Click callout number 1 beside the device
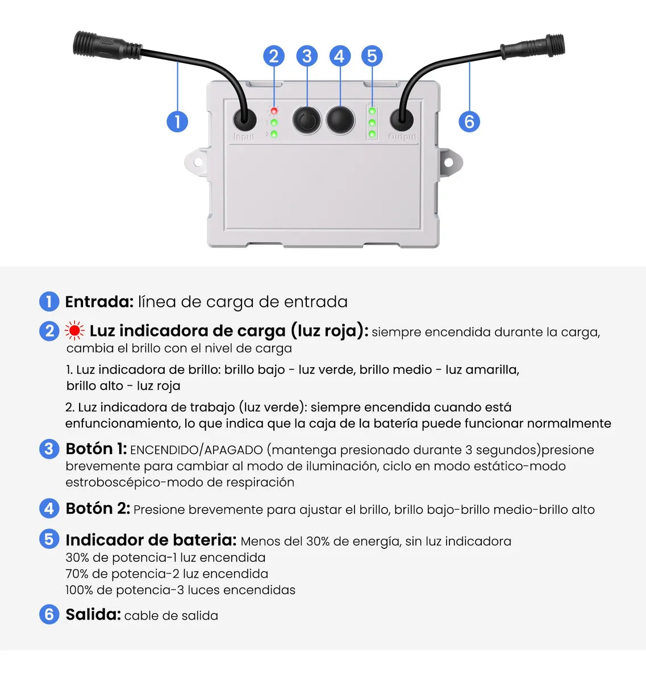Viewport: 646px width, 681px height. (x=177, y=121)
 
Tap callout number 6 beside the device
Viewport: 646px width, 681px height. (x=469, y=121)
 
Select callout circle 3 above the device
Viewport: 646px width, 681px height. (x=307, y=56)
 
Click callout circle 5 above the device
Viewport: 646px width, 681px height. (x=372, y=56)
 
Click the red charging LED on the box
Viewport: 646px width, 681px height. (x=274, y=111)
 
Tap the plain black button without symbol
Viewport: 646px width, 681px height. (x=340, y=120)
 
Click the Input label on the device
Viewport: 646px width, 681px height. (x=244, y=137)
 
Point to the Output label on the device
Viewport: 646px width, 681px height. (x=402, y=137)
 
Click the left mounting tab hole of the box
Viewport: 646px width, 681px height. (x=198, y=162)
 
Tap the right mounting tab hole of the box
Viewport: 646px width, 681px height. (x=448, y=163)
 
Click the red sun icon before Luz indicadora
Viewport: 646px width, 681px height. (x=74, y=331)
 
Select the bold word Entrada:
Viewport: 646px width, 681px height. (x=99, y=302)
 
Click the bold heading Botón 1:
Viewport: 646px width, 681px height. (x=96, y=449)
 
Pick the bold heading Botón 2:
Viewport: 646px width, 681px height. (x=98, y=508)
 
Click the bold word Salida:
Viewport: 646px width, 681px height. (x=93, y=615)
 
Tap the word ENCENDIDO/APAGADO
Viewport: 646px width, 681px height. (x=196, y=450)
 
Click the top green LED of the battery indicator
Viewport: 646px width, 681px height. (x=372, y=111)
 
